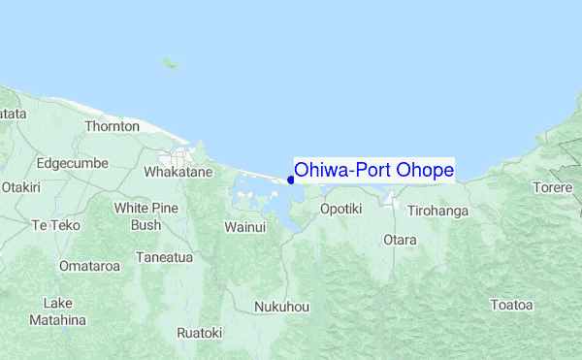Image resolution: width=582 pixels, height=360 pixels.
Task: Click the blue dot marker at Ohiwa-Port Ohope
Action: [x=291, y=180]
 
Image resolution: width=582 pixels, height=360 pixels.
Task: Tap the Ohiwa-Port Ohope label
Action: [x=373, y=170]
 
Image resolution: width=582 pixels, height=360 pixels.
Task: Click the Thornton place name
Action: [x=113, y=126]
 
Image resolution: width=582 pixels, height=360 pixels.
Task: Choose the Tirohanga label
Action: [x=438, y=211]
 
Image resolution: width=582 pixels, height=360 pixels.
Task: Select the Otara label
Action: [x=400, y=239]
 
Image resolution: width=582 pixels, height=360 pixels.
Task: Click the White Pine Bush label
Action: [x=145, y=216]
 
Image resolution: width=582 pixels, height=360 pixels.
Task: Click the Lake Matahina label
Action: [x=57, y=311]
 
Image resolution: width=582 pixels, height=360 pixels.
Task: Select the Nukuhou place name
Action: [x=281, y=307]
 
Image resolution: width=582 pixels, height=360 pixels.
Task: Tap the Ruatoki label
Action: [x=199, y=333]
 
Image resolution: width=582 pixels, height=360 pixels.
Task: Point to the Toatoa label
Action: [x=511, y=305]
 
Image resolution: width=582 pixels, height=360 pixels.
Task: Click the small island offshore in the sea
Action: [x=171, y=64]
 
